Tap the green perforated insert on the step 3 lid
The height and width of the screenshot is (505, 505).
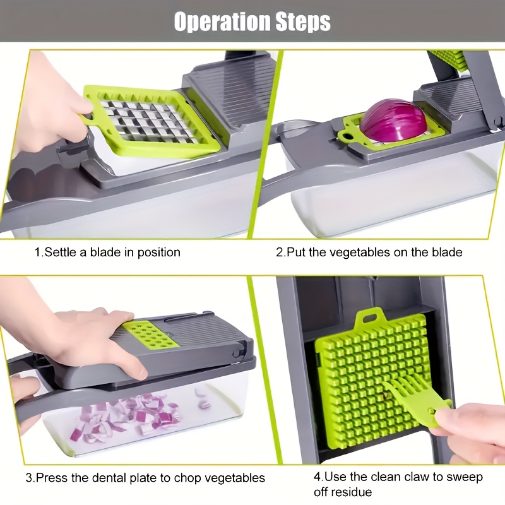point(150,335)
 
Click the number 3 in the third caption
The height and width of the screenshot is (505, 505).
point(29,478)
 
